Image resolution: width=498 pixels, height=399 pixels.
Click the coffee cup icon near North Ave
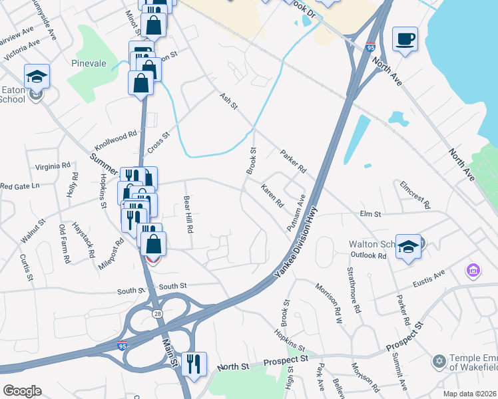pyautogui.click(x=405, y=39)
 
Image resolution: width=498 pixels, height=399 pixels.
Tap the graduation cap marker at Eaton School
pyautogui.click(x=37, y=76)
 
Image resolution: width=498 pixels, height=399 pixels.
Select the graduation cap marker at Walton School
pyautogui.click(x=408, y=247)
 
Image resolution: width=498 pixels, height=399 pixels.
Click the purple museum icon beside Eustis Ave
pyautogui.click(x=473, y=271)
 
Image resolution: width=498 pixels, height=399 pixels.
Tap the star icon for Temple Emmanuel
pyautogui.click(x=438, y=361)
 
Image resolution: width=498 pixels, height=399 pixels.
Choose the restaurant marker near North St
pyautogui.click(x=194, y=364)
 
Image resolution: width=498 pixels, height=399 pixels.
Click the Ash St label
pyautogui.click(x=229, y=101)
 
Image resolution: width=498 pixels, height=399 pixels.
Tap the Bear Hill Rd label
pyautogui.click(x=188, y=213)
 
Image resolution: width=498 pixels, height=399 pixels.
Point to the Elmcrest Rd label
pyautogui.click(x=415, y=194)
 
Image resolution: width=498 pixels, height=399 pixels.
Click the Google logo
pyautogui.click(x=22, y=391)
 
